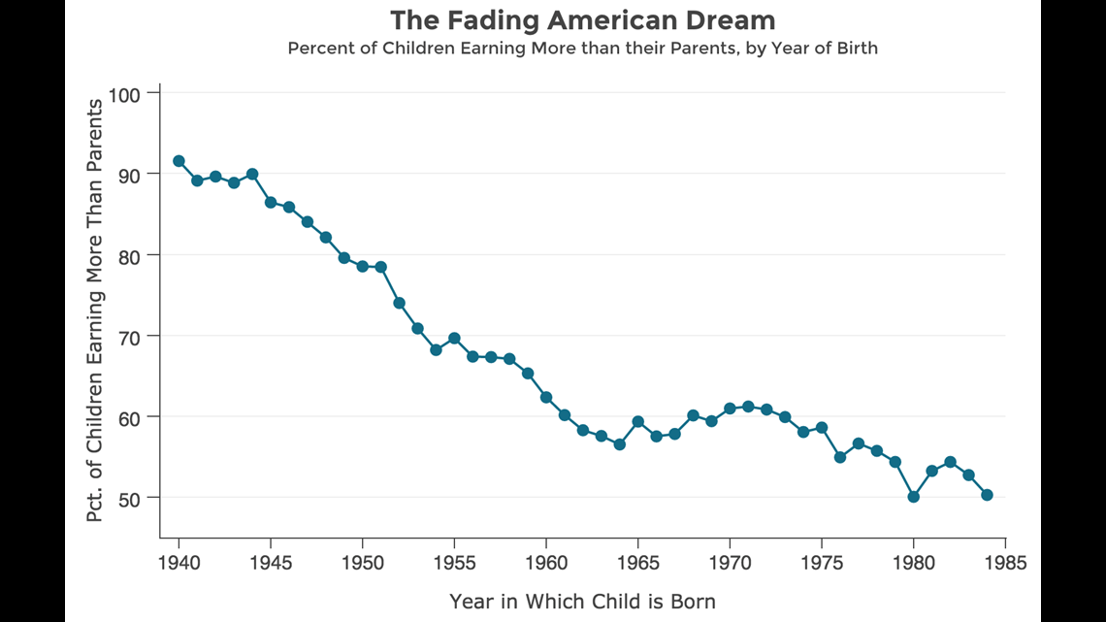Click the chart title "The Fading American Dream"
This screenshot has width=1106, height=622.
[582, 19]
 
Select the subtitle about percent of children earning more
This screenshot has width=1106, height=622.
[582, 48]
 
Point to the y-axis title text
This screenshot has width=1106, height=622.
[95, 310]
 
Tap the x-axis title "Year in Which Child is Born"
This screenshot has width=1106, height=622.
[582, 602]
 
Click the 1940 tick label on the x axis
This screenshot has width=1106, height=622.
[179, 562]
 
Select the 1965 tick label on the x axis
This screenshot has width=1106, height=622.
[637, 562]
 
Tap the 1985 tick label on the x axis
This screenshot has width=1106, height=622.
[1005, 562]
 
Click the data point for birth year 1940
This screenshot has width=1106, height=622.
[179, 161]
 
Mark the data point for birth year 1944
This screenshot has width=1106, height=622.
[252, 174]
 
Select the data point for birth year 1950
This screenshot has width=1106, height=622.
[363, 266]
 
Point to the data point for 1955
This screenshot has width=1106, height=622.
[454, 339]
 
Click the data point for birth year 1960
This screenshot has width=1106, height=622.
[546, 397]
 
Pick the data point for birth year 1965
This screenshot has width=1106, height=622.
[637, 421]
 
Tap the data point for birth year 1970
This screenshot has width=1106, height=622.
[730, 409]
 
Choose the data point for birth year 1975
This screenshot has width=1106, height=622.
[822, 428]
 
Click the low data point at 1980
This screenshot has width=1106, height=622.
[913, 497]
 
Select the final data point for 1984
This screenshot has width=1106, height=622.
[987, 495]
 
